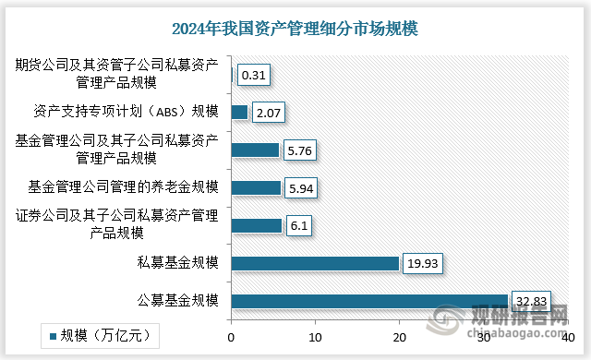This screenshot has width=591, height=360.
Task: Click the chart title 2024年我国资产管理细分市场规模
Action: [295, 29]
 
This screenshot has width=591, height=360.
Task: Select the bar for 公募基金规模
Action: [369, 301]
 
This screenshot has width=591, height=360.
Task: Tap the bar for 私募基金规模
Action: [315, 263]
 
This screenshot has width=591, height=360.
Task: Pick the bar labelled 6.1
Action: [256, 225]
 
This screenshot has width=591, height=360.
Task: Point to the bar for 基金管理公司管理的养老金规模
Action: [256, 188]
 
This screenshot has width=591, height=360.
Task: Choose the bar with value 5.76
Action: [255, 150]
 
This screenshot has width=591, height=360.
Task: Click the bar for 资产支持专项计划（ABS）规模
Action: [239, 113]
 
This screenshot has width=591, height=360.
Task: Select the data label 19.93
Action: [423, 264]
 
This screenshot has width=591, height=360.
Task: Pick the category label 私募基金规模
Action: [175, 263]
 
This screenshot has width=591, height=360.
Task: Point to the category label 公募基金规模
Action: [175, 301]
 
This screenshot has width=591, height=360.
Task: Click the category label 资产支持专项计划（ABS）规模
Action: [126, 113]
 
